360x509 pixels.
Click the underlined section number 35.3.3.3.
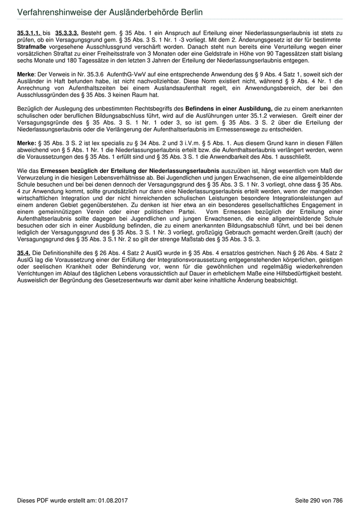(67, 32)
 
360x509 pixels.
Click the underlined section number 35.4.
(24, 253)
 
